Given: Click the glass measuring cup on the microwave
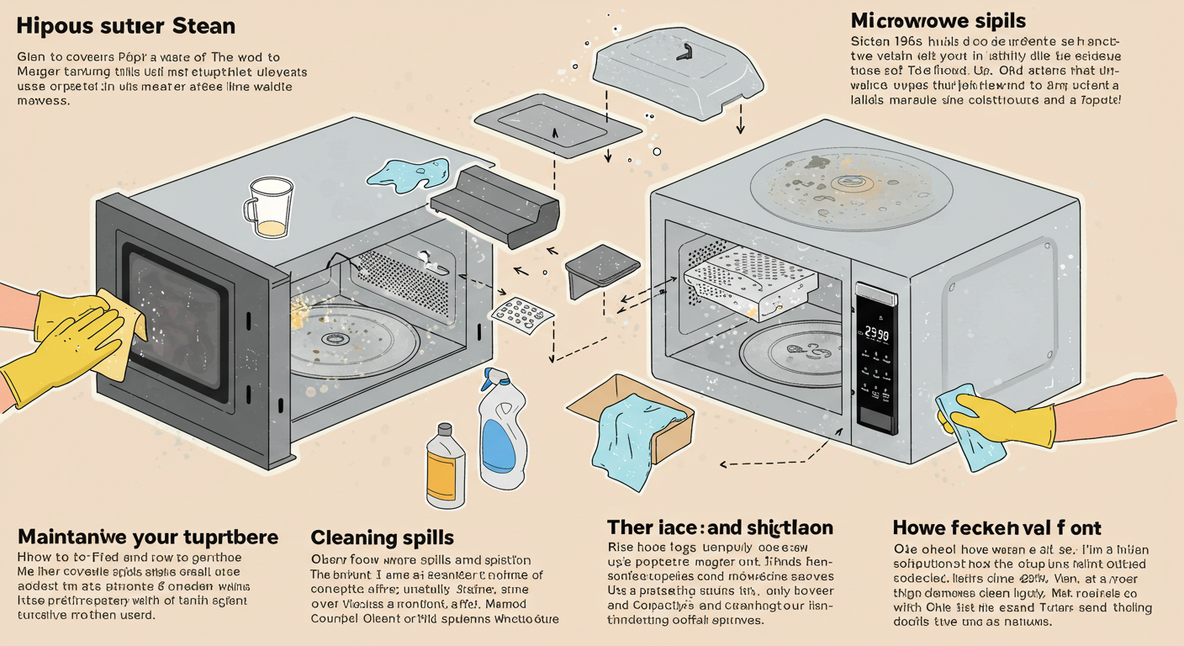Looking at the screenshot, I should click(267, 206).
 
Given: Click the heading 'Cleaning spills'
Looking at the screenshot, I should click(382, 537).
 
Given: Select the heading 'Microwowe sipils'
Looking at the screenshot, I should click(937, 19).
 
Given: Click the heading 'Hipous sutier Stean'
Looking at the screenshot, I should click(125, 26).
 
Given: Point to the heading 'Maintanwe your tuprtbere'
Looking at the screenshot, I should click(147, 536).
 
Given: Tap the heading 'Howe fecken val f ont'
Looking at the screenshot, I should click(996, 528).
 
